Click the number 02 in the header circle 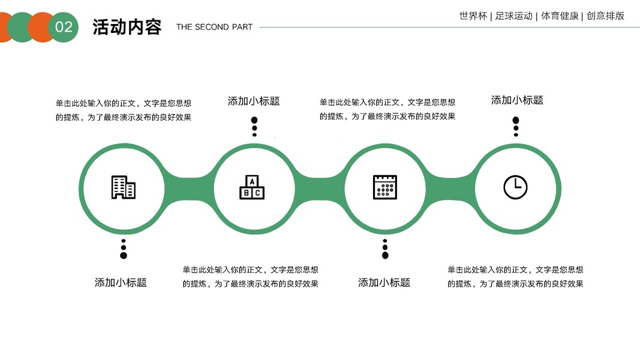click(64, 27)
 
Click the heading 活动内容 click(127, 27)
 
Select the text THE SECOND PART click(214, 27)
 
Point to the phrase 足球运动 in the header click(514, 16)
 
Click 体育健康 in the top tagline click(560, 16)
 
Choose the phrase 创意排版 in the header click(605, 16)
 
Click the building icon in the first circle click(124, 187)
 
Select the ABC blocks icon click(252, 187)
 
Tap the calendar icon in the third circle click(385, 187)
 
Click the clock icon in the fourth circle click(515, 187)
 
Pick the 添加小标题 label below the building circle click(121, 283)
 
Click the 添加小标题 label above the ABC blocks click(254, 101)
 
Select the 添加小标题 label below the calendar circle click(384, 283)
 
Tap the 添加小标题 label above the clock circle click(517, 100)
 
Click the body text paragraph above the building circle click(124, 110)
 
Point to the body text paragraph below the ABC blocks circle click(251, 277)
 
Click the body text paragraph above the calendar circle click(387, 109)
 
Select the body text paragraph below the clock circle click(515, 277)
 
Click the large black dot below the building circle click(124, 256)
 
